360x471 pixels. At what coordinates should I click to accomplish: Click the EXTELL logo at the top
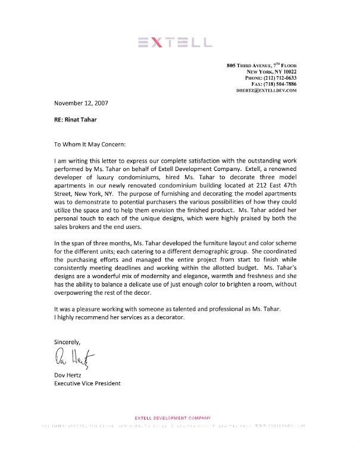[x=174, y=42]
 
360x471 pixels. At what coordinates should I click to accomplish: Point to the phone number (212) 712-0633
[x=279, y=78]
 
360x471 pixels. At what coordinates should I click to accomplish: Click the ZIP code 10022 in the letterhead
[x=287, y=71]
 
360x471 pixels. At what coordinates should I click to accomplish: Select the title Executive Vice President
[x=87, y=383]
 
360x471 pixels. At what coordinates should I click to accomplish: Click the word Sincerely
[x=67, y=341]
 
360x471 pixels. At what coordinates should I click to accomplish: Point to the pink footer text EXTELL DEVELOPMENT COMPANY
[x=173, y=418]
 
